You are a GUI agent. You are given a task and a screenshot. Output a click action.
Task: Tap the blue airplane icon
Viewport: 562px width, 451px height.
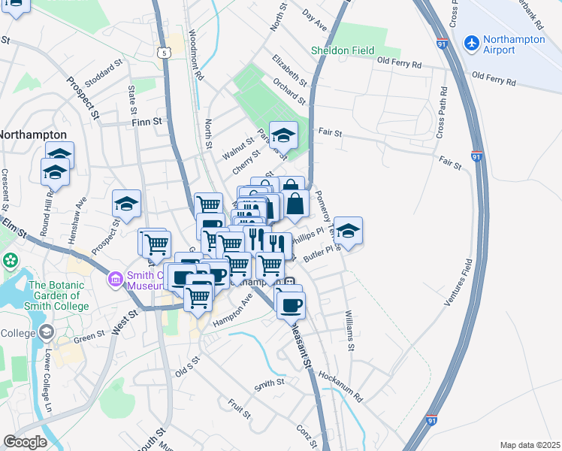(472, 44)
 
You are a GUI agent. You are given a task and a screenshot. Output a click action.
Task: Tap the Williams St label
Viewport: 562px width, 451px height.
(349, 331)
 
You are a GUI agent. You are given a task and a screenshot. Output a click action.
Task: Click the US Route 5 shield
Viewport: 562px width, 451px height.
(165, 52)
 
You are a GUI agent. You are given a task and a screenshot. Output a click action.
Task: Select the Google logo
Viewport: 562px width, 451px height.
(25, 442)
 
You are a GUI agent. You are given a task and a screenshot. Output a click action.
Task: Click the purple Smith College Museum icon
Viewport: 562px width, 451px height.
(114, 280)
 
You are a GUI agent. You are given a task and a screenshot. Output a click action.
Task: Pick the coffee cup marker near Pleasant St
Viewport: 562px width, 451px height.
(291, 305)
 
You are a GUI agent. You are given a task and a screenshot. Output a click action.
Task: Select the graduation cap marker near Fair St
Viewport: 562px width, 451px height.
(283, 135)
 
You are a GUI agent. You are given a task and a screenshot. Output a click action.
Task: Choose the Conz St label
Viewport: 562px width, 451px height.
(304, 433)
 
